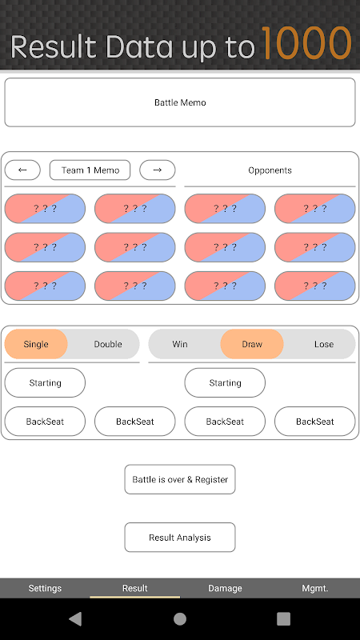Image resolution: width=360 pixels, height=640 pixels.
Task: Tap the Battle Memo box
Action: click(x=180, y=102)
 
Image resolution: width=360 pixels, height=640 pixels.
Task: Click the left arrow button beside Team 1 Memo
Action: click(x=22, y=170)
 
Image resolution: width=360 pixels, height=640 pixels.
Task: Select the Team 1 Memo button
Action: click(x=90, y=170)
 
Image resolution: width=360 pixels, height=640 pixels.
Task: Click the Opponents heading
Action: click(x=270, y=170)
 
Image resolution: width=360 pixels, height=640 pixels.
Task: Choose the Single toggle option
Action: click(x=36, y=344)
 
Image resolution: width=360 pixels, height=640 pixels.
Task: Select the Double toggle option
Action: click(x=108, y=344)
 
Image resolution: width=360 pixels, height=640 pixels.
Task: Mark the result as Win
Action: click(x=179, y=344)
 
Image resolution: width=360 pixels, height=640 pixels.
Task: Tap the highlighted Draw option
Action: click(x=252, y=344)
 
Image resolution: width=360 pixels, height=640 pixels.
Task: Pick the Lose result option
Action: click(x=324, y=344)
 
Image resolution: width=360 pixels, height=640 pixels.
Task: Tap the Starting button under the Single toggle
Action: click(x=45, y=383)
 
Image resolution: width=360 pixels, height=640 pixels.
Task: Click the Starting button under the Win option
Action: click(x=225, y=383)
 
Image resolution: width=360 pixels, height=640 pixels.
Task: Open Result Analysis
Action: click(x=180, y=538)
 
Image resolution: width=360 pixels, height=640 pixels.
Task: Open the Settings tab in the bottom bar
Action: click(x=45, y=588)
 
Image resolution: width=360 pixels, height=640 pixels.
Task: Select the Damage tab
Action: click(x=225, y=588)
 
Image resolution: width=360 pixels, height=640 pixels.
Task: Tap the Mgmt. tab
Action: click(x=315, y=588)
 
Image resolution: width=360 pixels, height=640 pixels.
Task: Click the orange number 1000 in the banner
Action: click(x=306, y=43)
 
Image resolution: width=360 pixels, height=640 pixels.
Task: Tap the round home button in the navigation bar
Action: click(x=180, y=619)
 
